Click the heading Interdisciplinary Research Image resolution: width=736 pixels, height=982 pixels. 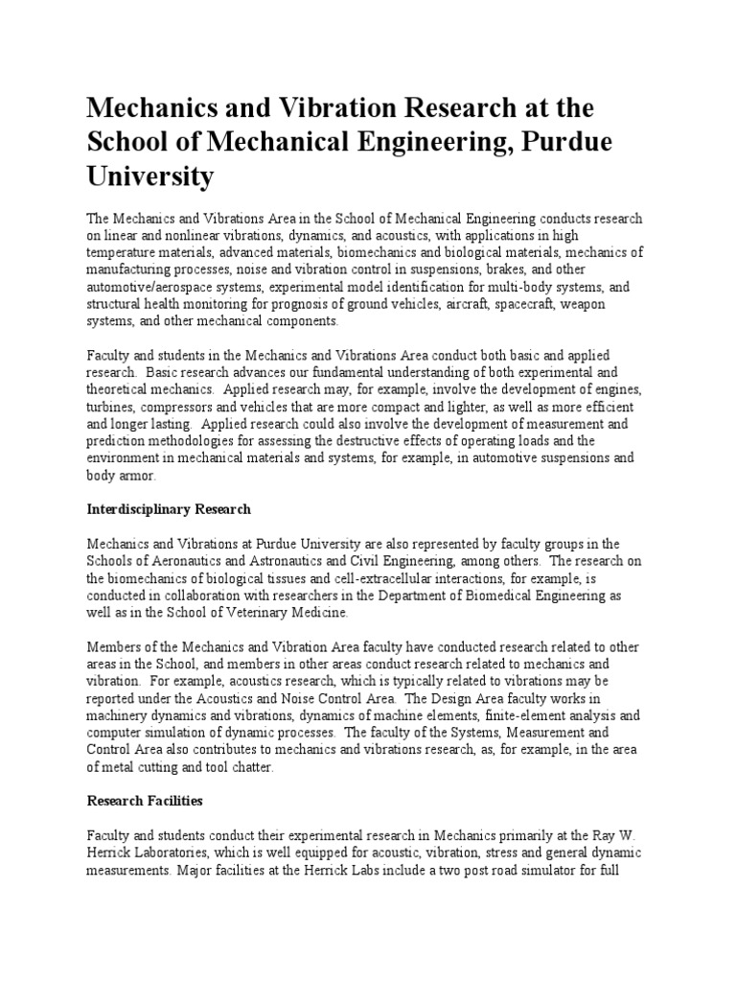(x=169, y=508)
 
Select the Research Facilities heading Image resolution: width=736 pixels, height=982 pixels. (x=145, y=799)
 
